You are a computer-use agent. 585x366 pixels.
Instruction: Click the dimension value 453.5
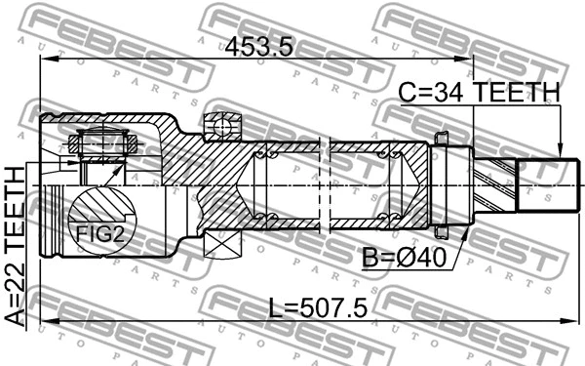click(258, 47)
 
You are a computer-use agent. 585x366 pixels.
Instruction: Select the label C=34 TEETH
click(480, 93)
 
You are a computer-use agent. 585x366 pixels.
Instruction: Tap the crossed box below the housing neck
click(223, 248)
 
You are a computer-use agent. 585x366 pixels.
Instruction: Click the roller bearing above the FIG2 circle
click(101, 145)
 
